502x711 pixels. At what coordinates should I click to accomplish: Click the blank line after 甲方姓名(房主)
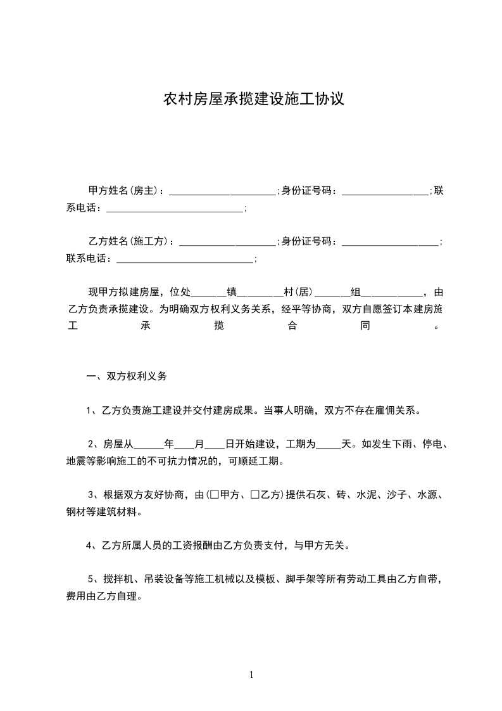coord(222,190)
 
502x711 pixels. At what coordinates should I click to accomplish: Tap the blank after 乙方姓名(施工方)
coord(228,241)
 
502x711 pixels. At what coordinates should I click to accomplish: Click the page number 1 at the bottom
coord(251,675)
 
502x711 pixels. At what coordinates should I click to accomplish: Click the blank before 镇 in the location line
coord(208,293)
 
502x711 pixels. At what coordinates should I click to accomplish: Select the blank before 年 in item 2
coord(148,444)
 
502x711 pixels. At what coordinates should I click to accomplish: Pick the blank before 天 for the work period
coord(328,444)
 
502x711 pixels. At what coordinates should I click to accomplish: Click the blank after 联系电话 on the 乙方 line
coord(185,259)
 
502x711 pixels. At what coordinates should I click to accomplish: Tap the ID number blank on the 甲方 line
coord(385,190)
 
